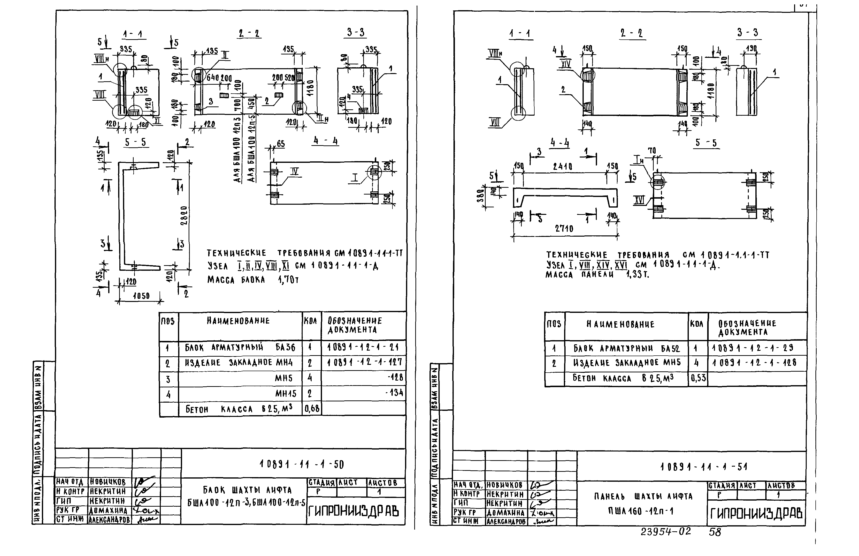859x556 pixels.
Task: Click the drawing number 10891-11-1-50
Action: click(301, 464)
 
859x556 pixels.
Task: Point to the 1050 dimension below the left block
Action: click(141, 296)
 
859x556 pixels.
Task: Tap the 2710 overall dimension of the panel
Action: click(564, 228)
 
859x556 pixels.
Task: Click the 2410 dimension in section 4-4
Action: click(562, 166)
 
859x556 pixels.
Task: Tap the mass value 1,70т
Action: click(288, 280)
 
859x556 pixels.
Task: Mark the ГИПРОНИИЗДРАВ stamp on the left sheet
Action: click(353, 511)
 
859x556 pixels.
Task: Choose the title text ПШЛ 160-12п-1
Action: click(641, 511)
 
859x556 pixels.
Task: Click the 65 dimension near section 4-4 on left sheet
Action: click(280, 144)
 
